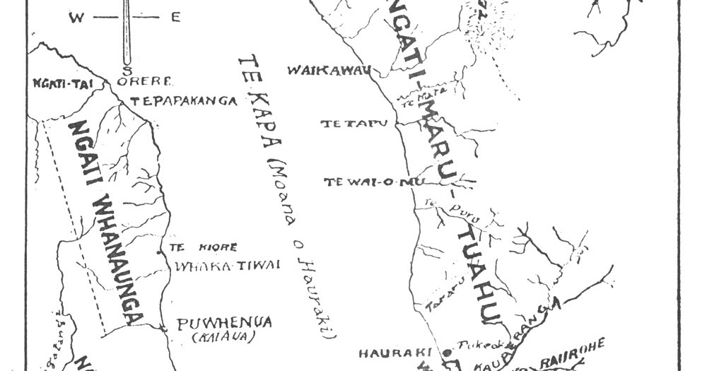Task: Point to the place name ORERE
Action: coord(145,81)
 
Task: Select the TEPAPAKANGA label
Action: coord(183,101)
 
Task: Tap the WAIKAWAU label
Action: coord(328,70)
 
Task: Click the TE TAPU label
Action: coord(355,124)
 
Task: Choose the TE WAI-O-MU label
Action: coord(369,182)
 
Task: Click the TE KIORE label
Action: coord(204,247)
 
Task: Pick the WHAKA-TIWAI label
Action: coord(226,265)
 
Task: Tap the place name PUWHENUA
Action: coord(224,323)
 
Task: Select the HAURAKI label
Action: coord(399,352)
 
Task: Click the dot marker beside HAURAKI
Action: coord(447,351)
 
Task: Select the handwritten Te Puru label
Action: coord(438,205)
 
